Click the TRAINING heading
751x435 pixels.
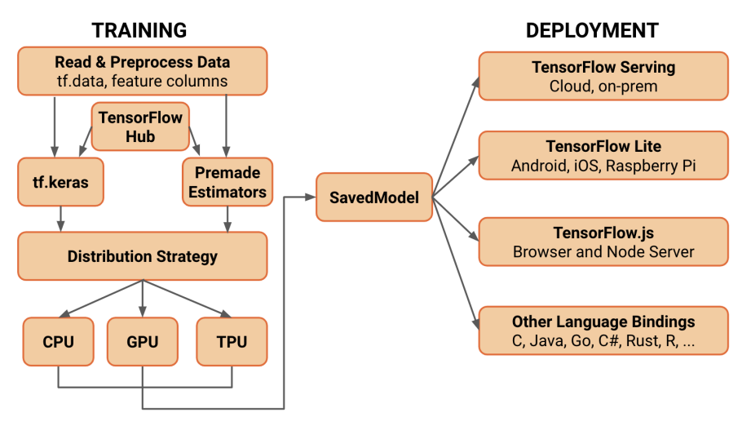click(x=139, y=31)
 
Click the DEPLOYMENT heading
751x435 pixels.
click(x=592, y=31)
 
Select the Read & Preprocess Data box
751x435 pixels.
click(x=142, y=71)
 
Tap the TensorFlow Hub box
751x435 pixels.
click(x=140, y=127)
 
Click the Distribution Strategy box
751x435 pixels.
click(x=142, y=256)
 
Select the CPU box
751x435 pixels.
click(x=58, y=341)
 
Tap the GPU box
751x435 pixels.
click(x=142, y=341)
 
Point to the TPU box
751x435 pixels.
click(x=232, y=341)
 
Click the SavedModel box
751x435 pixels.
click(x=374, y=198)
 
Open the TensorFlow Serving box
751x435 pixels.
click(x=603, y=76)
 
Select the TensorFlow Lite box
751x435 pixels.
click(x=603, y=157)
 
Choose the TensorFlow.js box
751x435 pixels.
click(x=603, y=242)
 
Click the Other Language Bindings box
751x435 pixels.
click(x=603, y=331)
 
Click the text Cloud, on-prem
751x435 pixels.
click(x=603, y=86)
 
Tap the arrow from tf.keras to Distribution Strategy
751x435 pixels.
click(x=60, y=218)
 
